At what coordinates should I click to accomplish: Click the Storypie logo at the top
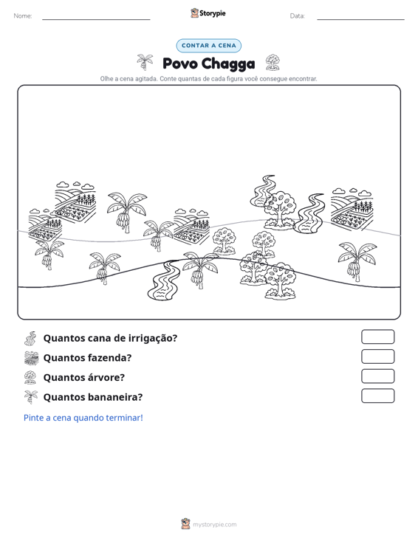click(x=208, y=13)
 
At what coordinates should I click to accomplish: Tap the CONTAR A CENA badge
click(x=208, y=46)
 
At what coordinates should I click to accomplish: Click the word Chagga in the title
click(x=228, y=63)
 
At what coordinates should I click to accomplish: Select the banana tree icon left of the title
click(x=145, y=62)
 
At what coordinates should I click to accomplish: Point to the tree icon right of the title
click(x=273, y=63)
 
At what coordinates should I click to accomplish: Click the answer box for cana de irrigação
click(x=377, y=337)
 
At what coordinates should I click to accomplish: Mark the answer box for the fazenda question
click(x=377, y=356)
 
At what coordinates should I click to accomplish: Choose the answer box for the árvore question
click(x=377, y=376)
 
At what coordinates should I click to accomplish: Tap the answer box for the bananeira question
click(x=377, y=396)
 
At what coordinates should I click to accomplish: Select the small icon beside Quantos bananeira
click(x=31, y=397)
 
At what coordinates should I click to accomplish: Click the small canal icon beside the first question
click(x=30, y=338)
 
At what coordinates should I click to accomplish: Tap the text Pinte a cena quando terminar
click(x=83, y=418)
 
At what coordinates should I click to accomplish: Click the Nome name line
click(x=96, y=19)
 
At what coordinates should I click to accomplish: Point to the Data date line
click(x=360, y=19)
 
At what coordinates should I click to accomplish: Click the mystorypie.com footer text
click(x=214, y=525)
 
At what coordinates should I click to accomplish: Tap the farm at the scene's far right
click(x=352, y=209)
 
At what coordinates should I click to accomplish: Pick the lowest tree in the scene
click(x=281, y=280)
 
